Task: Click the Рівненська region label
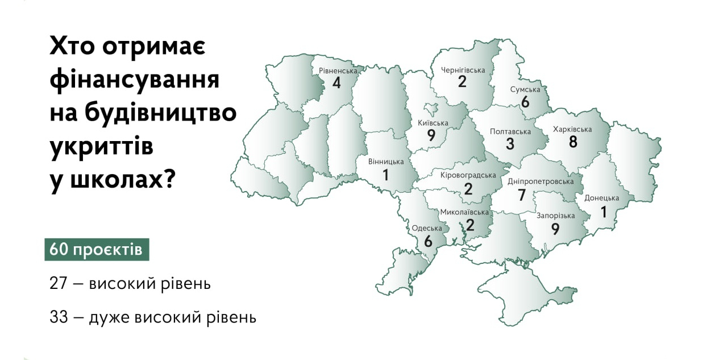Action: (x=338, y=71)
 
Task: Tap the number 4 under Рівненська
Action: (x=336, y=83)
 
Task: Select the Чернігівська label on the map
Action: (x=463, y=70)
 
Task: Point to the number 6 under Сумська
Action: (x=525, y=102)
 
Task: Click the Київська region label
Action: (x=433, y=123)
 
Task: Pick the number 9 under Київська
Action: (x=431, y=136)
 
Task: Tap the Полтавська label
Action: (x=510, y=131)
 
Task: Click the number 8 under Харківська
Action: (x=573, y=142)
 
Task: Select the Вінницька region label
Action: (x=386, y=162)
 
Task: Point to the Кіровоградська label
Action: (x=468, y=175)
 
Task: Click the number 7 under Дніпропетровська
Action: (x=522, y=195)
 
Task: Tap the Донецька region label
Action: (x=601, y=198)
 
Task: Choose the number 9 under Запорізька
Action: (x=555, y=229)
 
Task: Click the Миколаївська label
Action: (x=464, y=212)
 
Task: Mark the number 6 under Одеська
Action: (x=427, y=241)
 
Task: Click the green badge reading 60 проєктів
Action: (x=97, y=250)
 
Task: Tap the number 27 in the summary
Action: (x=59, y=283)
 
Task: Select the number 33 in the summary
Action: (x=59, y=317)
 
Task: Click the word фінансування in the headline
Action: (x=134, y=79)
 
